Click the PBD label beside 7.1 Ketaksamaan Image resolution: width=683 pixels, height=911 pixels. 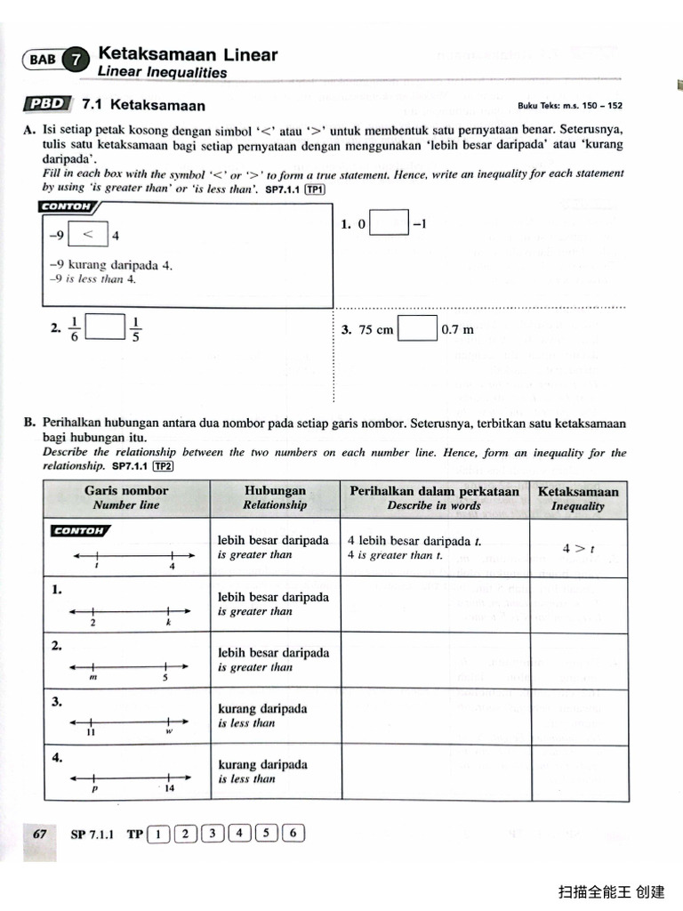(x=48, y=104)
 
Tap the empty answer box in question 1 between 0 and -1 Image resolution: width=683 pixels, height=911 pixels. (x=389, y=224)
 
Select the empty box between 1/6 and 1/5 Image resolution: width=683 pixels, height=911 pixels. (x=105, y=328)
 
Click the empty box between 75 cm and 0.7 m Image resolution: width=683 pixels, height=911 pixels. (x=418, y=329)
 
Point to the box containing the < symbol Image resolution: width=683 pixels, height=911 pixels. (x=88, y=236)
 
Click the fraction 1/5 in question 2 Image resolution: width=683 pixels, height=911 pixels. (x=136, y=329)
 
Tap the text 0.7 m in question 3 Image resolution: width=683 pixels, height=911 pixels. (x=457, y=330)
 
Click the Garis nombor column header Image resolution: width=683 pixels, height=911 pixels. (x=126, y=497)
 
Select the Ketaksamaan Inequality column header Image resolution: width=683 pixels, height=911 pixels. (x=577, y=498)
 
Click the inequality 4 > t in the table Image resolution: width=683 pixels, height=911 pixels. (x=577, y=549)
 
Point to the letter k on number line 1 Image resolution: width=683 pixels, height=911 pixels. (x=168, y=624)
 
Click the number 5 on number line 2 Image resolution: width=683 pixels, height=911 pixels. (x=165, y=678)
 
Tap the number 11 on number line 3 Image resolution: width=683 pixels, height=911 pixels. (x=91, y=733)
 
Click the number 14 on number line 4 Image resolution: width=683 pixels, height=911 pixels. (x=169, y=788)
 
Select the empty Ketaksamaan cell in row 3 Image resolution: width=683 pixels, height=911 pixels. (x=577, y=716)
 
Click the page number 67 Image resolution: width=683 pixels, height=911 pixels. (x=39, y=834)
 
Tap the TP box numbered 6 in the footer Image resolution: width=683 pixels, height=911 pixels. (x=294, y=834)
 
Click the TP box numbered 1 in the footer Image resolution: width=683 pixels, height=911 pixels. (x=158, y=834)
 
